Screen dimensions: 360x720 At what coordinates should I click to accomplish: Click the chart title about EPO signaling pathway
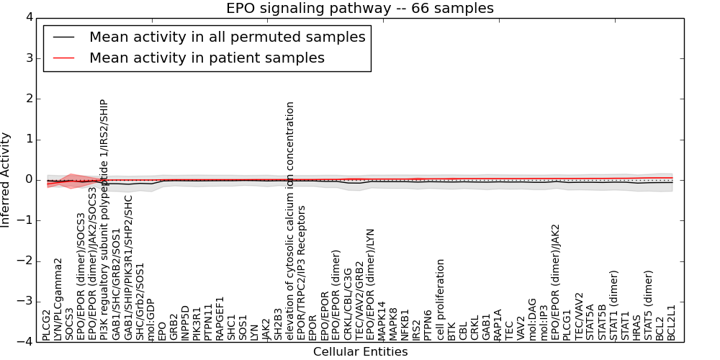click(360, 9)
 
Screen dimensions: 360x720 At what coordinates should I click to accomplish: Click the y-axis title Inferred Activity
click(6, 179)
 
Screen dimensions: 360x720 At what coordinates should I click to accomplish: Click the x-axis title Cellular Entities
click(360, 352)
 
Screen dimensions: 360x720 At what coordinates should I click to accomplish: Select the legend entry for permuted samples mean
click(227, 37)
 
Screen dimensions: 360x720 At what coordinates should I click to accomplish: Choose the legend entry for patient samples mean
click(207, 58)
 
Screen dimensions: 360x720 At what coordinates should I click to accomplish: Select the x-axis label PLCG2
click(47, 325)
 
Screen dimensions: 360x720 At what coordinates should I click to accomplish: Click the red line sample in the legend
click(62, 58)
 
